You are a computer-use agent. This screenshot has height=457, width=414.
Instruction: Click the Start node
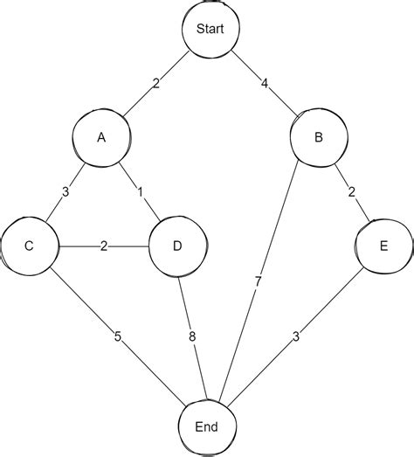pyautogui.click(x=210, y=29)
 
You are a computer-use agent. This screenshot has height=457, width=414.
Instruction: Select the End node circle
pyautogui.click(x=208, y=427)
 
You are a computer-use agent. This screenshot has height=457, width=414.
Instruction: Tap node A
pyautogui.click(x=101, y=137)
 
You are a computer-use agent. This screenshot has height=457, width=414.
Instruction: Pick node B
pyautogui.click(x=318, y=137)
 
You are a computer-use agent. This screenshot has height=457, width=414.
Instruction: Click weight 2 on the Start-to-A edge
pyautogui.click(x=155, y=83)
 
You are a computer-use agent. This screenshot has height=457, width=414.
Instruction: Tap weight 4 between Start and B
pyautogui.click(x=265, y=84)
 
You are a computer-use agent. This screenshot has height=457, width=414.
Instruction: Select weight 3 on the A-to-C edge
pyautogui.click(x=65, y=191)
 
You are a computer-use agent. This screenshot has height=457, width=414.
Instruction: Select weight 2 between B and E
pyautogui.click(x=351, y=192)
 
